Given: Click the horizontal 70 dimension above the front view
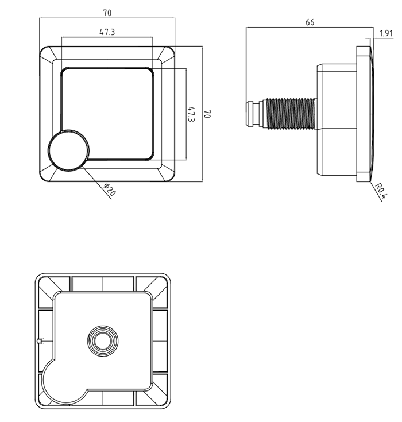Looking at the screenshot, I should click(107, 11).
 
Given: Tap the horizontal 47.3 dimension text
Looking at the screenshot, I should click(107, 32).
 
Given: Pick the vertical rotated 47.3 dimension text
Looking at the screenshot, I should click(191, 114).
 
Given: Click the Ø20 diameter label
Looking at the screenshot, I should click(109, 190).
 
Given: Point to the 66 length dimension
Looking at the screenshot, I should click(310, 22).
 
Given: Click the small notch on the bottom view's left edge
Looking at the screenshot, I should click(38, 342).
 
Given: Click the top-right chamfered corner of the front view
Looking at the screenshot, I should click(167, 55).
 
